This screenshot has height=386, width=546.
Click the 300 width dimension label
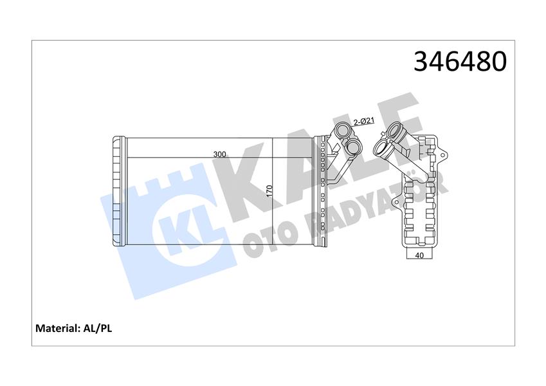tap(219, 154)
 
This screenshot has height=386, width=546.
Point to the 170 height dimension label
tap(270, 191)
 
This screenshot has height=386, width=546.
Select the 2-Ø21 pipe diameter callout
tap(363, 121)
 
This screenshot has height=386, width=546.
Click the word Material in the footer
tap(55, 328)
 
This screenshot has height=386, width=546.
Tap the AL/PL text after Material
tap(98, 328)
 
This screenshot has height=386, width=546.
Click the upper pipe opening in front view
tap(341, 132)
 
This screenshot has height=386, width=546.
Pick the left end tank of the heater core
tap(118, 191)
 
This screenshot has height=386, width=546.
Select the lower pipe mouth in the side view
tap(380, 151)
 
